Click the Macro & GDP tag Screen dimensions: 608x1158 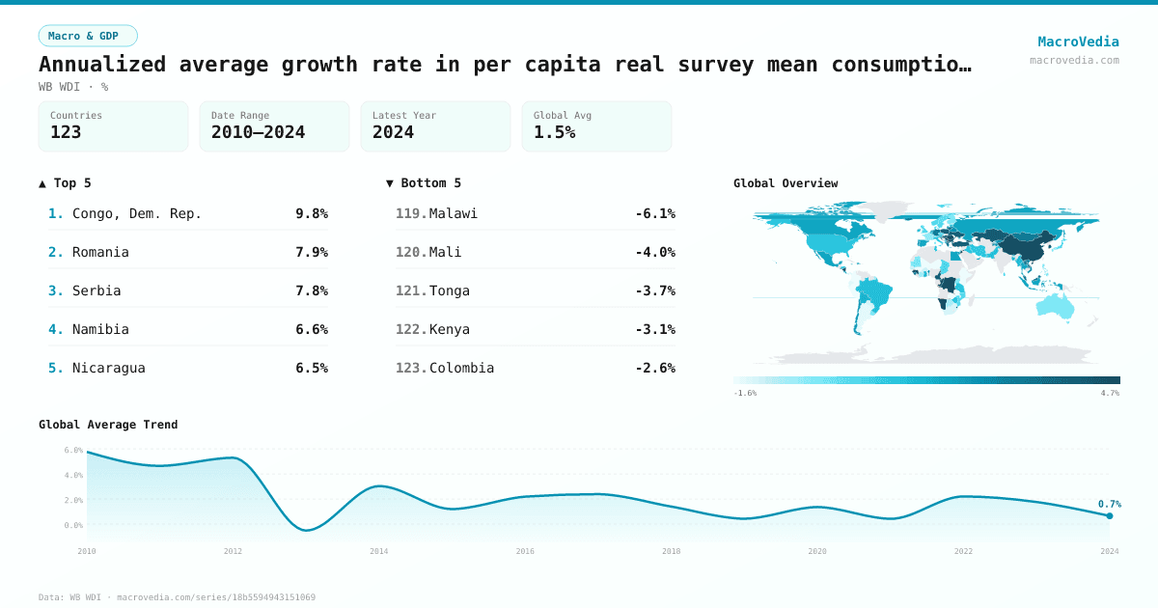[x=88, y=36]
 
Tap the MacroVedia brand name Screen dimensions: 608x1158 [x=1078, y=41]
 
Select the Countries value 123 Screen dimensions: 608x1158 [x=66, y=132]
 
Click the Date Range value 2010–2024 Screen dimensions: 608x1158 [x=258, y=132]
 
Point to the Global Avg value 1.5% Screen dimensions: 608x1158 [x=554, y=132]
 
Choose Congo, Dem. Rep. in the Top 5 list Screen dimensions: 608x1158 [x=137, y=213]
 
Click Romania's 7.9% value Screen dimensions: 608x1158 [x=311, y=252]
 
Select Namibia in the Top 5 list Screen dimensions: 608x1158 [x=100, y=329]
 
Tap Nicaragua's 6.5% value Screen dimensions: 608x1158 [x=311, y=368]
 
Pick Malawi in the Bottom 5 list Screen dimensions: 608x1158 [x=454, y=213]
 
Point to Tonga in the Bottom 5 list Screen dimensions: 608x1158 [x=450, y=290]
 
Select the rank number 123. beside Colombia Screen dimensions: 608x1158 [x=411, y=368]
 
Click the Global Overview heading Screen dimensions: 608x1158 [x=786, y=183]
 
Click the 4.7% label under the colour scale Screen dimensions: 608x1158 [x=1110, y=394]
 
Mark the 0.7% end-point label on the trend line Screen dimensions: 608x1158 [x=1109, y=504]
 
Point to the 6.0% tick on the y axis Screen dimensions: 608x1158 [x=73, y=450]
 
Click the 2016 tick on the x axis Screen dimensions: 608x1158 [x=525, y=551]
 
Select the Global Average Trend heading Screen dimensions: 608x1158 [x=108, y=425]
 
